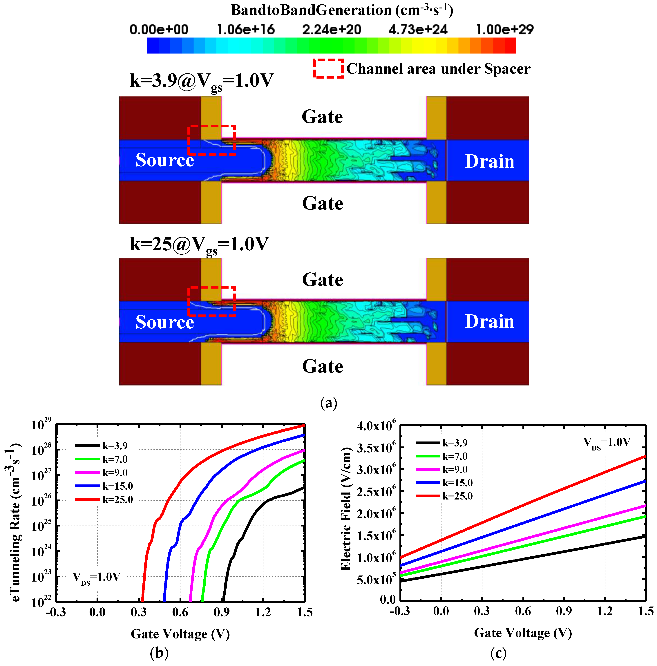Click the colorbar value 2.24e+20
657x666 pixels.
click(331, 30)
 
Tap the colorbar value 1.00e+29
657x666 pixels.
click(505, 30)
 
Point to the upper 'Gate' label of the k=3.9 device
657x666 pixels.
click(322, 117)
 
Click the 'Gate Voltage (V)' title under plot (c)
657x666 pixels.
click(523, 633)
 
